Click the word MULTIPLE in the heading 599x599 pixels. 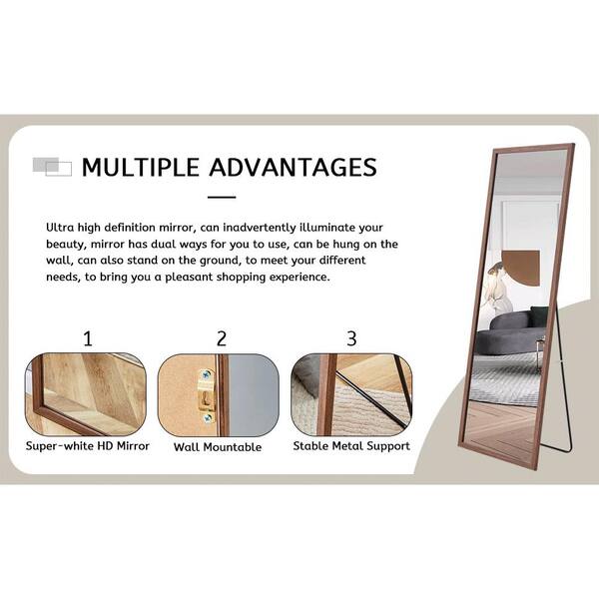pyautogui.click(x=141, y=168)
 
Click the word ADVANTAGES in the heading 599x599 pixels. pyautogui.click(x=293, y=168)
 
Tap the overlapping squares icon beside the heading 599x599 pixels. pyautogui.click(x=52, y=167)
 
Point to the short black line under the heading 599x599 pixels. pyautogui.click(x=222, y=197)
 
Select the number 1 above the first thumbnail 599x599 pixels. pyautogui.click(x=88, y=338)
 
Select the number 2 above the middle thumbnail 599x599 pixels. pyautogui.click(x=222, y=338)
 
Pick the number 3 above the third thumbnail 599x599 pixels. pyautogui.click(x=351, y=338)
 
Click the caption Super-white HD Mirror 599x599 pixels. pyautogui.click(x=88, y=446)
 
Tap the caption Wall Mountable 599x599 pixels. pyautogui.click(x=218, y=447)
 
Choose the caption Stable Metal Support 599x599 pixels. pyautogui.click(x=351, y=446)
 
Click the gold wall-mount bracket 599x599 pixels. pyautogui.click(x=207, y=396)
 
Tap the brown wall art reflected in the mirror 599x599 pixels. pyautogui.click(x=521, y=268)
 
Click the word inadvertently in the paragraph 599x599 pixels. pyautogui.click(x=260, y=228)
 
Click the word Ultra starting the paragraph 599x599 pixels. pyautogui.click(x=60, y=228)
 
